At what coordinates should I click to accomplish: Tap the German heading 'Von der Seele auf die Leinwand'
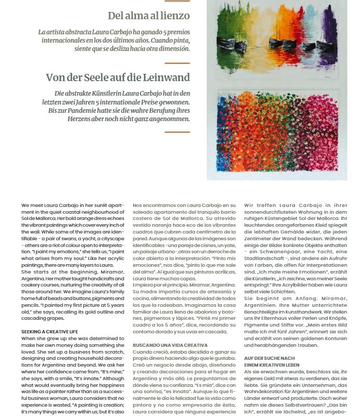tap(118, 77)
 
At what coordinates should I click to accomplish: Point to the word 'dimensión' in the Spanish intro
tap(170, 48)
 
